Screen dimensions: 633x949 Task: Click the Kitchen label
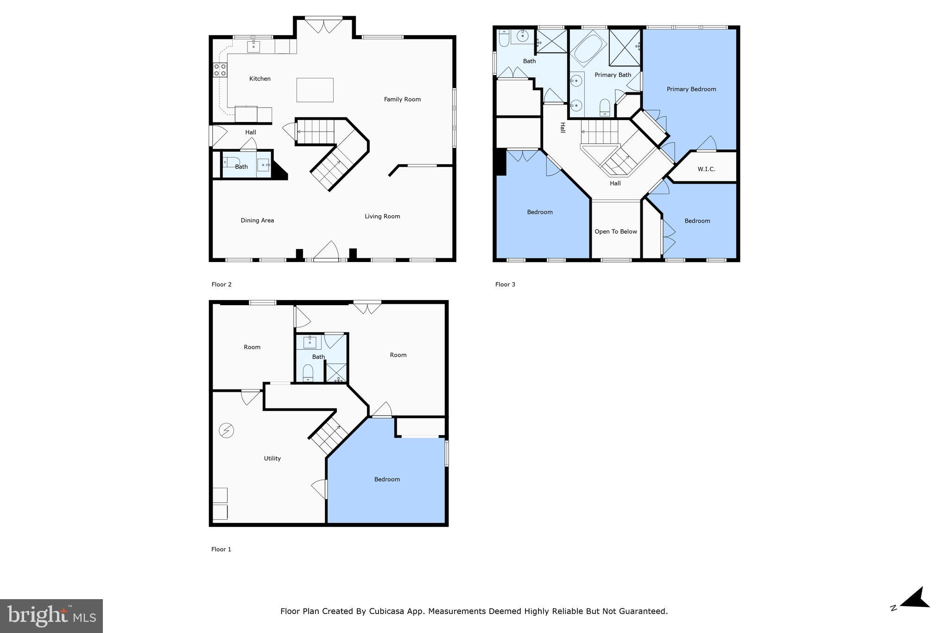click(x=259, y=79)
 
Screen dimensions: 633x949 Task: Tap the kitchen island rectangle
click(x=315, y=90)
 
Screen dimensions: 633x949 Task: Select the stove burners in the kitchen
click(x=220, y=70)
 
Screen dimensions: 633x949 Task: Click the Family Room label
click(x=402, y=99)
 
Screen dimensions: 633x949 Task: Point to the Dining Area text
click(x=257, y=220)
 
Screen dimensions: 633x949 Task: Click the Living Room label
click(x=382, y=216)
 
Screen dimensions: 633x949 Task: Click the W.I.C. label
click(x=706, y=169)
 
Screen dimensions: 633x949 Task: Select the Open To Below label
click(x=615, y=231)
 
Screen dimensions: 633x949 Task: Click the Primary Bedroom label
click(x=691, y=89)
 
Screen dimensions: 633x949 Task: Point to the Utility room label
click(x=272, y=458)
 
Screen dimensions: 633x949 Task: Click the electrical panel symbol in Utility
click(x=227, y=431)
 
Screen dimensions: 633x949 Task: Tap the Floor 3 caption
click(x=505, y=284)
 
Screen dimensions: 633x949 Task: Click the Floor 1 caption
click(x=221, y=549)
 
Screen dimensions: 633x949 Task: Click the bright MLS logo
click(x=51, y=616)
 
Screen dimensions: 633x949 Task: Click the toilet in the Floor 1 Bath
click(x=308, y=372)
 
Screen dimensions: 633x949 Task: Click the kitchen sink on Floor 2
click(x=253, y=47)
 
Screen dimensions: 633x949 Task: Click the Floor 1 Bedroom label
click(x=387, y=479)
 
